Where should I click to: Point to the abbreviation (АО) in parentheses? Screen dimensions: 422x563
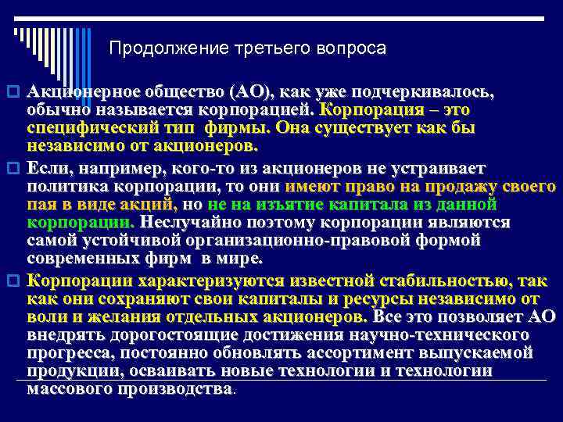pyautogui.click(x=249, y=91)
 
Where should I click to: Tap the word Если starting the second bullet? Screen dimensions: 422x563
pyautogui.click(x=48, y=168)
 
